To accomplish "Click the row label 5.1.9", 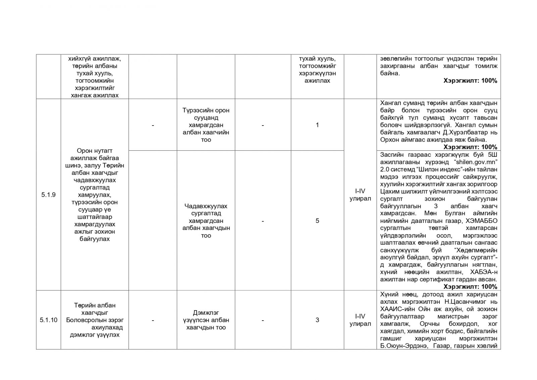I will [48, 195].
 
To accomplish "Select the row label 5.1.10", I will [48, 320].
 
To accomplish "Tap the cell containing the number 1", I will [317, 125].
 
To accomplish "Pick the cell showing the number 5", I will [317, 221].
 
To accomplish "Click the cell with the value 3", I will [317, 320].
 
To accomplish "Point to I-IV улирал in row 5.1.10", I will [360, 320].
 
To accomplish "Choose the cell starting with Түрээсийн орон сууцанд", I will [206, 125].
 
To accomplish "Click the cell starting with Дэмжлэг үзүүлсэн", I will [206, 320].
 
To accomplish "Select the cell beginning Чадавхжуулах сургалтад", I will [206, 221].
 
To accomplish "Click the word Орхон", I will [390, 140].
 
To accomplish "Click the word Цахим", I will [389, 192].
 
